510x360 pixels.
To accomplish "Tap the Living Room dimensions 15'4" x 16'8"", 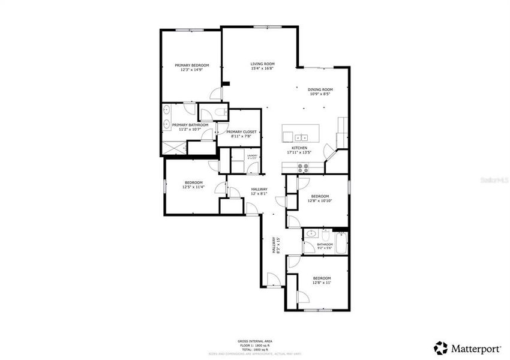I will coord(262,68).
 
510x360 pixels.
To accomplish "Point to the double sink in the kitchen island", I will coord(304,134).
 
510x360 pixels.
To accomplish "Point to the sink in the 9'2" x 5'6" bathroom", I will coord(311,234).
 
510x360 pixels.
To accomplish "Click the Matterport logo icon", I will coord(441,347).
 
